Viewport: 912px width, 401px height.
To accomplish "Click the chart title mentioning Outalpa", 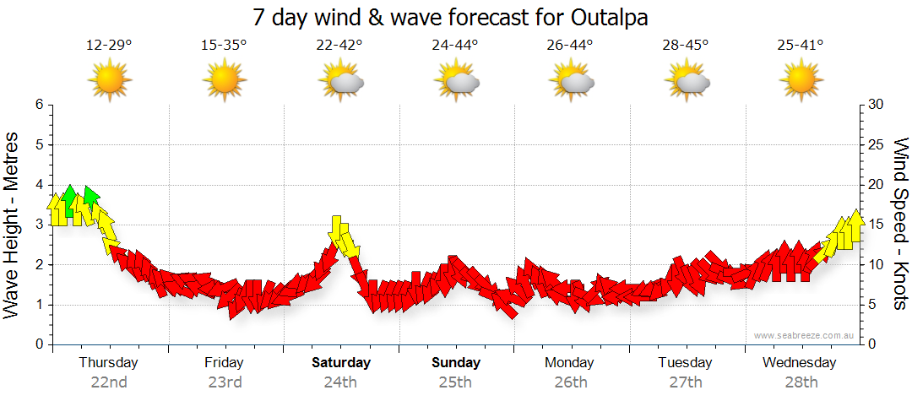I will [x=456, y=17].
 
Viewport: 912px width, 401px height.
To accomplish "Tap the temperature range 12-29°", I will [x=109, y=46].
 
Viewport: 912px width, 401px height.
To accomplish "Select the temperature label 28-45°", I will [x=686, y=46].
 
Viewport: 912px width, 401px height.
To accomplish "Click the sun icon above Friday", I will [x=224, y=81].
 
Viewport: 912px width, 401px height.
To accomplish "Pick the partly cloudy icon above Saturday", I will [x=341, y=81].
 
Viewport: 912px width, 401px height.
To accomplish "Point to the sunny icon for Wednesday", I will [x=801, y=81].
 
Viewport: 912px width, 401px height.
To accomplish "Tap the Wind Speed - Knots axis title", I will [x=899, y=224].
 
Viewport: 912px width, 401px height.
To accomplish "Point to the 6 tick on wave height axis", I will [x=38, y=105].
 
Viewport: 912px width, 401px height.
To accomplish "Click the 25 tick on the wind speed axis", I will [x=877, y=144].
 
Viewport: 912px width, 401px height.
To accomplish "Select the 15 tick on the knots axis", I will [x=877, y=225].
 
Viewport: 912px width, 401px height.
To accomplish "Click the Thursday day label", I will [x=108, y=363].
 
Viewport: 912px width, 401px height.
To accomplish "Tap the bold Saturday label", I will [x=341, y=363].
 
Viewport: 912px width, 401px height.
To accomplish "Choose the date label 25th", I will [x=455, y=382].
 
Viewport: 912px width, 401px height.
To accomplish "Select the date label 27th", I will [x=686, y=382].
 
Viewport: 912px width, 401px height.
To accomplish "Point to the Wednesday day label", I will [x=799, y=363].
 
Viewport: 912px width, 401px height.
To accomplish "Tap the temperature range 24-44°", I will [x=455, y=46].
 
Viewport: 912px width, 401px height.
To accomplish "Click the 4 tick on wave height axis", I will [x=38, y=185].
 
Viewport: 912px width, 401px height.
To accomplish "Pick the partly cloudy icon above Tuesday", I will [x=687, y=81].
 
